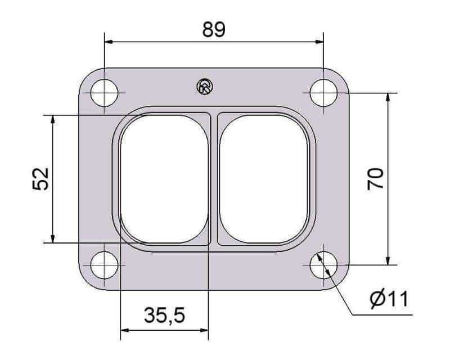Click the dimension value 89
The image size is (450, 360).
pos(214,29)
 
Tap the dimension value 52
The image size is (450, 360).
pos(40,178)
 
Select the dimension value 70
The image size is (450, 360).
pos(375,179)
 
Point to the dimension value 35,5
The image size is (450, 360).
pos(164,315)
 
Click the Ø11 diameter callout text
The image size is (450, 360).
pos(389,299)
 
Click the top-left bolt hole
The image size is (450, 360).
pos(104,93)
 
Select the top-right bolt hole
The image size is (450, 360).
pos(324,93)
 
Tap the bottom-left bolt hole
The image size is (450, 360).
pos(104,265)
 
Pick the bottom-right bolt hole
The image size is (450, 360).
pos(324,265)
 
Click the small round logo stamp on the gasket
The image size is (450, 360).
pos(205,87)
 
